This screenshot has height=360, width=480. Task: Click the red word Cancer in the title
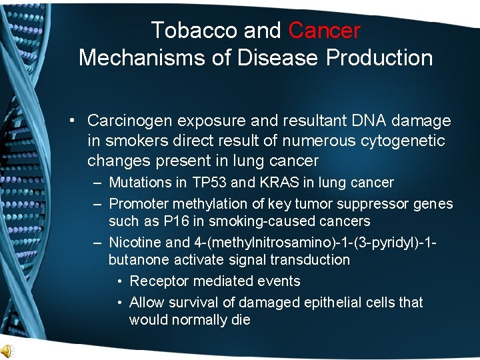click(325, 30)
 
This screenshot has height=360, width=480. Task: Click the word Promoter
click(137, 203)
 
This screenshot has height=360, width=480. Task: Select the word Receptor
click(157, 281)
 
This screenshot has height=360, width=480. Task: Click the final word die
click(239, 320)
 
